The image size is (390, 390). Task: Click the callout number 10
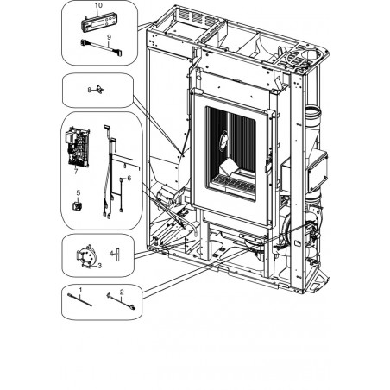pos(98,5)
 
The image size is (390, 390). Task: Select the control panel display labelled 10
pos(99,23)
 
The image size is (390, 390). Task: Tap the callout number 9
pos(109,37)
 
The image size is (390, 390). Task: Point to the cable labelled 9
pos(101,47)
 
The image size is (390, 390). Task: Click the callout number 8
pos(90,90)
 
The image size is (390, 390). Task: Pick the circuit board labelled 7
pos(79,147)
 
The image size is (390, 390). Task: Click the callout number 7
pos(76,171)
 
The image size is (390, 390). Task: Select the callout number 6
pos(129,179)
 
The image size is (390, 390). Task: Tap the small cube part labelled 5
pos(77,206)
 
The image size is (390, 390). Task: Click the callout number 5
pos(79,192)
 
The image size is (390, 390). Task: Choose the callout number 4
pos(112,253)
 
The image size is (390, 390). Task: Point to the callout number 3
pos(100,266)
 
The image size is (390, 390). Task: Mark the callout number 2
pos(122,292)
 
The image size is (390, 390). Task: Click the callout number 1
pos(80,290)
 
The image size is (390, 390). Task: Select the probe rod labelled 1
pos(79,300)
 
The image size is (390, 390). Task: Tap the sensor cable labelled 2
pos(121,302)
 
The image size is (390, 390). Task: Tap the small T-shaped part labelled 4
pos(117,254)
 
